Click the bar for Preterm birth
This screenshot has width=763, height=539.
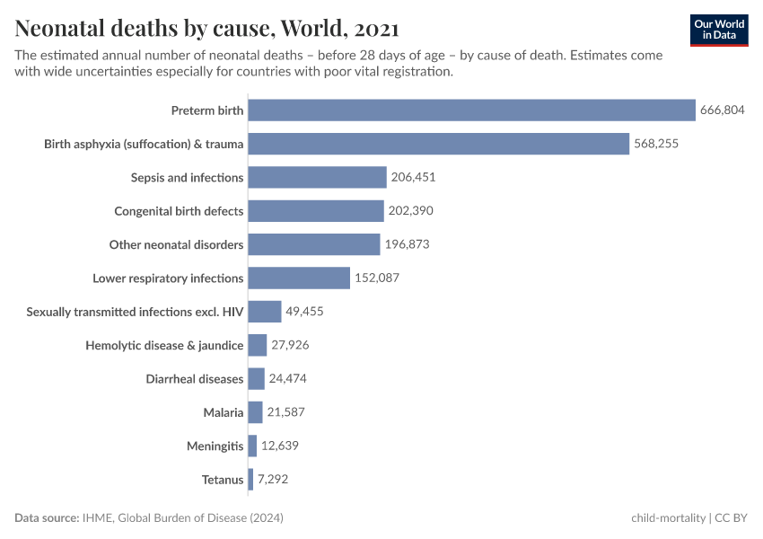pyautogui.click(x=471, y=110)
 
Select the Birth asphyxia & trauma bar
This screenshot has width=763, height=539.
pyautogui.click(x=438, y=144)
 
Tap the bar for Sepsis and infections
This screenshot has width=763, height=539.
pyautogui.click(x=317, y=177)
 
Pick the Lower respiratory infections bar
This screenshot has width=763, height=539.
pyautogui.click(x=299, y=278)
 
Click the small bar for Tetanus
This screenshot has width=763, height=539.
pyautogui.click(x=250, y=480)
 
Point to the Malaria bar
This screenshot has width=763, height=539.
pyautogui.click(x=255, y=412)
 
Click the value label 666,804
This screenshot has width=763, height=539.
pyautogui.click(x=723, y=110)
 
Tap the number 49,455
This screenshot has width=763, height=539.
pyautogui.click(x=304, y=312)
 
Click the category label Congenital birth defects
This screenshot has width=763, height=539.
pyautogui.click(x=179, y=211)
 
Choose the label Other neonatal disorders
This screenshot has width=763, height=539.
pyautogui.click(x=176, y=244)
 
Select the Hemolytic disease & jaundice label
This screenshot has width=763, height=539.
pyautogui.click(x=164, y=345)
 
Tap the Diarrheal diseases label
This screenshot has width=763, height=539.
pyautogui.click(x=194, y=379)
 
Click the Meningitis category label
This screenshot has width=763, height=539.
pyautogui.click(x=215, y=446)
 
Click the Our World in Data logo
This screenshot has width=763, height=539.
pyautogui.click(x=718, y=30)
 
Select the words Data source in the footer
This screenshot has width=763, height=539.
pyautogui.click(x=46, y=518)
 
